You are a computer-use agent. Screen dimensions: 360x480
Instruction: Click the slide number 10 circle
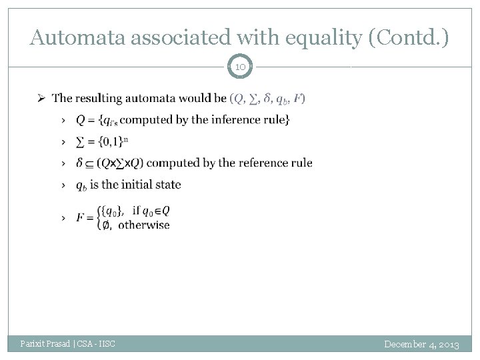[240, 67]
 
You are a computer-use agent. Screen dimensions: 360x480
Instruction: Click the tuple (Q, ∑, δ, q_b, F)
[267, 99]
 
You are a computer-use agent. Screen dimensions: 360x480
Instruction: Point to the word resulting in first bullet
[105, 99]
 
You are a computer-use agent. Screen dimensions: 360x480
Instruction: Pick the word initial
[135, 184]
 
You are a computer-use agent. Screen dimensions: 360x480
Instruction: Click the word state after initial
[168, 184]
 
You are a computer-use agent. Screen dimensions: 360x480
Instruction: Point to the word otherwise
[144, 225]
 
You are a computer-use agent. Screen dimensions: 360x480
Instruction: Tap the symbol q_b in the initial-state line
[81, 185]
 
